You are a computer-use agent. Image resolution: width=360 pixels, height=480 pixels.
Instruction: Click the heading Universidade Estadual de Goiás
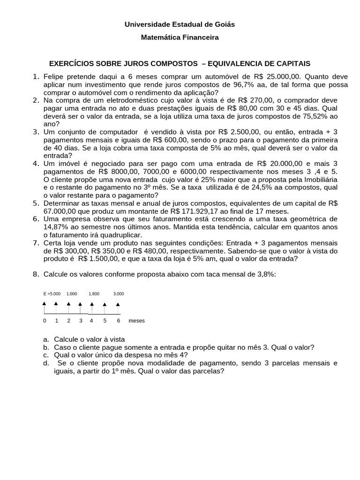click(180, 24)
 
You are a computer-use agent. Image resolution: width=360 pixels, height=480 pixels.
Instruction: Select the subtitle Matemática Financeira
click(180, 37)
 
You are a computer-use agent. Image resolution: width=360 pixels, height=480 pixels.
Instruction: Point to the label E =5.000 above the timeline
click(52, 293)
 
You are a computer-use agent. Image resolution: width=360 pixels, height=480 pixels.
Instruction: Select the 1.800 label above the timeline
click(94, 293)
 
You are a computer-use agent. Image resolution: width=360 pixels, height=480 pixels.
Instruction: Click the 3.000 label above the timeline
click(119, 293)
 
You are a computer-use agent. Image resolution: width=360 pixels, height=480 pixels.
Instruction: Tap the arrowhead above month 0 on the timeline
click(45, 304)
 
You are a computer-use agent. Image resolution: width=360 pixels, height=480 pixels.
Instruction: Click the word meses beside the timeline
click(136, 321)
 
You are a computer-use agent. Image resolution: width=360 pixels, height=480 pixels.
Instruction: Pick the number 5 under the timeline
click(105, 321)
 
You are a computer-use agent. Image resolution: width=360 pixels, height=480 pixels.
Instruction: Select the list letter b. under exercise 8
click(45, 347)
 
